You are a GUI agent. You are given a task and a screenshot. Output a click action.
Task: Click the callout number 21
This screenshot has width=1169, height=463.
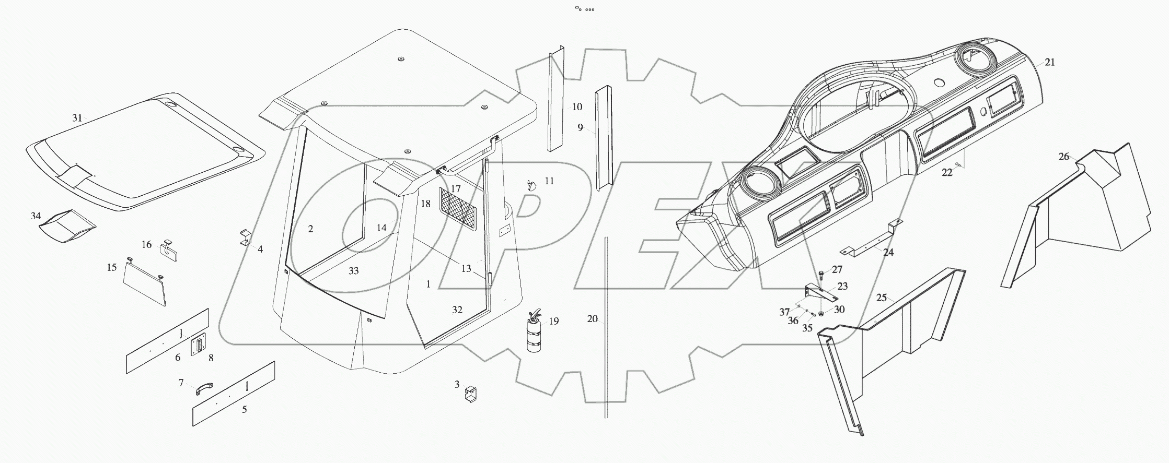[x=1049, y=62]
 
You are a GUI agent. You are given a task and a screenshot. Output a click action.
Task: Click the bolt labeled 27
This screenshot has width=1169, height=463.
[x=821, y=274]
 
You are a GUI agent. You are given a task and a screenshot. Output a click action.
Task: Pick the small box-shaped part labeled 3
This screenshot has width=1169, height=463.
[x=471, y=396]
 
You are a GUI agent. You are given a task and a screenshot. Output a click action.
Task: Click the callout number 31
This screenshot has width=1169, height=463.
[x=77, y=118]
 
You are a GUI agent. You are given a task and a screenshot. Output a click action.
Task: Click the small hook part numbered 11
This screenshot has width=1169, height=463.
[x=531, y=185]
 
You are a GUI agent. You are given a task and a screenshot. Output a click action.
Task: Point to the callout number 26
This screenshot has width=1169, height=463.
[x=1064, y=157]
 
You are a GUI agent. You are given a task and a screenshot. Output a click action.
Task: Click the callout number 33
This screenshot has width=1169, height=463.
[x=354, y=271]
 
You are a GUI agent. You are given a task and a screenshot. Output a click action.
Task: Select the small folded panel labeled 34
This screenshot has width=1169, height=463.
[x=68, y=227]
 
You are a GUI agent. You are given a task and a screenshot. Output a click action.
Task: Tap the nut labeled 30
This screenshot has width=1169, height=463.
[x=821, y=313]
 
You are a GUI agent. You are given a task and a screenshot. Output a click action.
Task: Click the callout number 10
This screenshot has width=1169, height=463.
[x=576, y=107]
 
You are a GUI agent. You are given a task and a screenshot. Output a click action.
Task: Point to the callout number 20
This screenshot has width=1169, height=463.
[x=592, y=319]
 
